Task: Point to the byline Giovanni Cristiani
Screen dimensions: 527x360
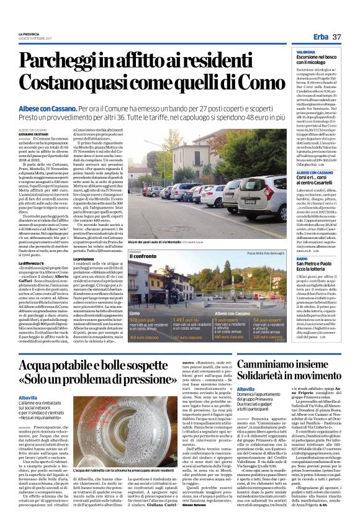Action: coord(33,132)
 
